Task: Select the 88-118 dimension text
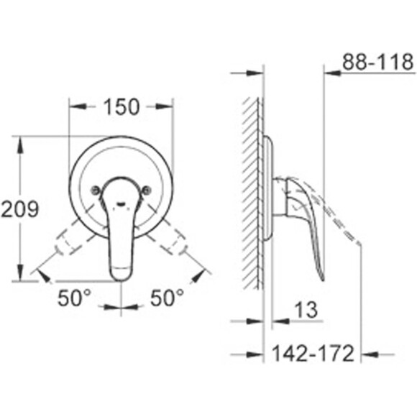tap(377, 63)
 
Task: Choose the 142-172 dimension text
tap(313, 353)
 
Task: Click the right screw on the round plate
tap(147, 191)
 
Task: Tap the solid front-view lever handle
tap(122, 237)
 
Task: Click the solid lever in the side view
tap(306, 216)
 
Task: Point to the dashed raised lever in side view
tap(338, 216)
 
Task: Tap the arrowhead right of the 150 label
tap(166, 107)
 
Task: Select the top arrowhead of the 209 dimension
tap(19, 142)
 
